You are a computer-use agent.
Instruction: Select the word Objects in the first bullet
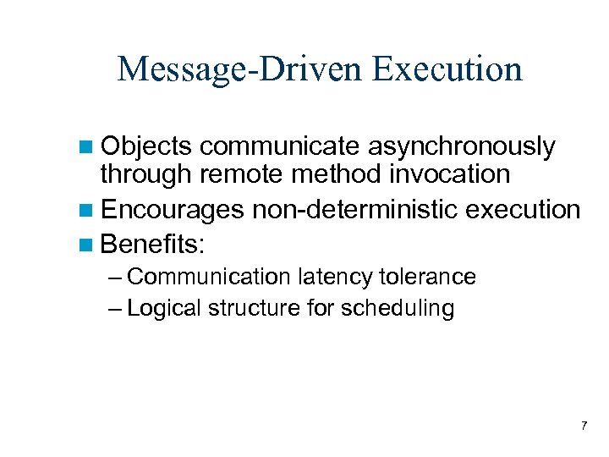pos(147,147)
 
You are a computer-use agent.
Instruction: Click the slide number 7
pos(583,425)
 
